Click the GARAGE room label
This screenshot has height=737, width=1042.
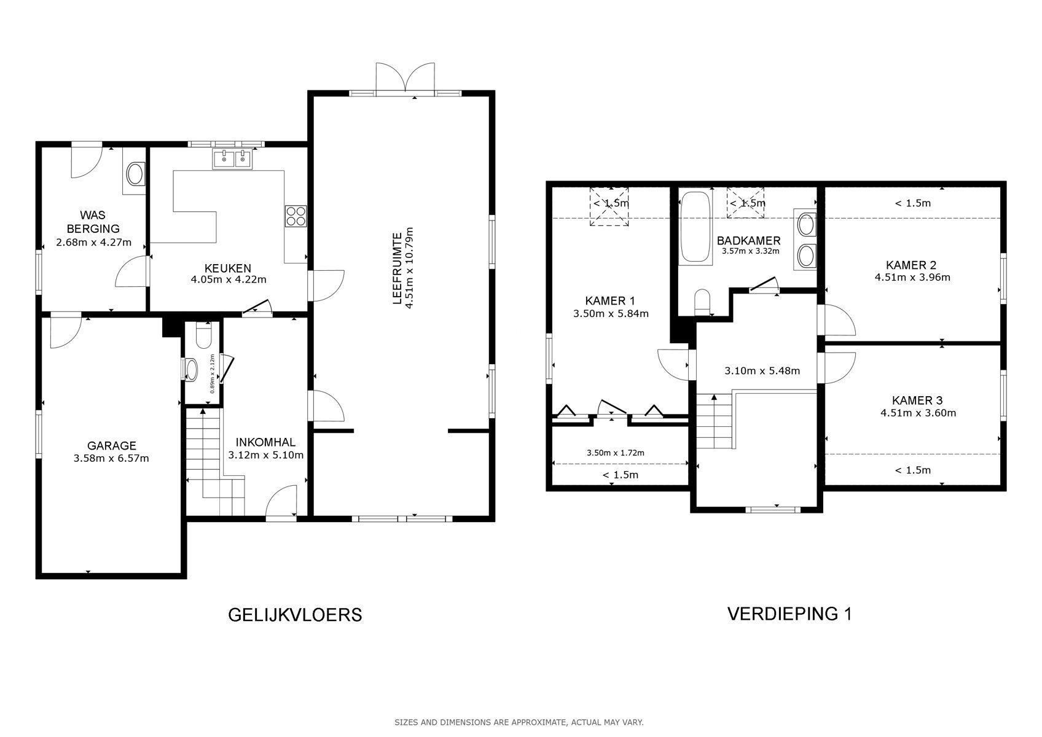[x=111, y=446]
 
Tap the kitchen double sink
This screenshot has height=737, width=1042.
[x=232, y=160]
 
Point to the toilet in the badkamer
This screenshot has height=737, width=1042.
[x=702, y=302]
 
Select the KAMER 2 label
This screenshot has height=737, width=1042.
[x=911, y=265]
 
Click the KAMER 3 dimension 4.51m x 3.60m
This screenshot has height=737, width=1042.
[x=918, y=413]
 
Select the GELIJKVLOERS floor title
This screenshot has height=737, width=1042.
[x=295, y=614]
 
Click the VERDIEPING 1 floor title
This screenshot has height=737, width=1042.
[x=789, y=614]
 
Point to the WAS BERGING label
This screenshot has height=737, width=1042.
[x=93, y=222]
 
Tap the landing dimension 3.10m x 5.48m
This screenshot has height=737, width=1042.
[x=762, y=371]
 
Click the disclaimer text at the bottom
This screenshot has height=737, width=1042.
[x=519, y=722]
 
